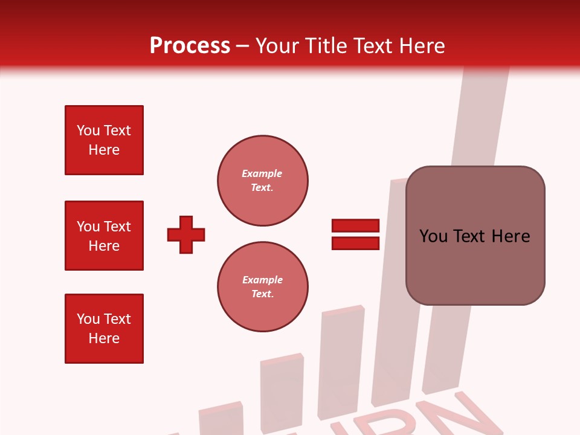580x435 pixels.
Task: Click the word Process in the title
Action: [x=190, y=46]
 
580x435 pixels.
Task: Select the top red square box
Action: [x=104, y=140]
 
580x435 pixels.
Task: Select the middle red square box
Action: [x=104, y=236]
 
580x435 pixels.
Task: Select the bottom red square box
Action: [x=104, y=329]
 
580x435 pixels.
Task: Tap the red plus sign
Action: [x=186, y=234]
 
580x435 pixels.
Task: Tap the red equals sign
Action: [x=355, y=234]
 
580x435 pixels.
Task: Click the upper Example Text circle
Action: [x=263, y=181]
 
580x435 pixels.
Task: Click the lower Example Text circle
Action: [x=263, y=287]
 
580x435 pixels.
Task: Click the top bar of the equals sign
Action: [x=355, y=226]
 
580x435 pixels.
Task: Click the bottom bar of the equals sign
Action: [x=355, y=243]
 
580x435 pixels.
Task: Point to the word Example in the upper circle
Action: [x=262, y=173]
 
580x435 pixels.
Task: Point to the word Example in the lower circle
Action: [x=262, y=280]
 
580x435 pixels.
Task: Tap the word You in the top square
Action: [x=88, y=130]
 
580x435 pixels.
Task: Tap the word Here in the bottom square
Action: [x=104, y=338]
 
